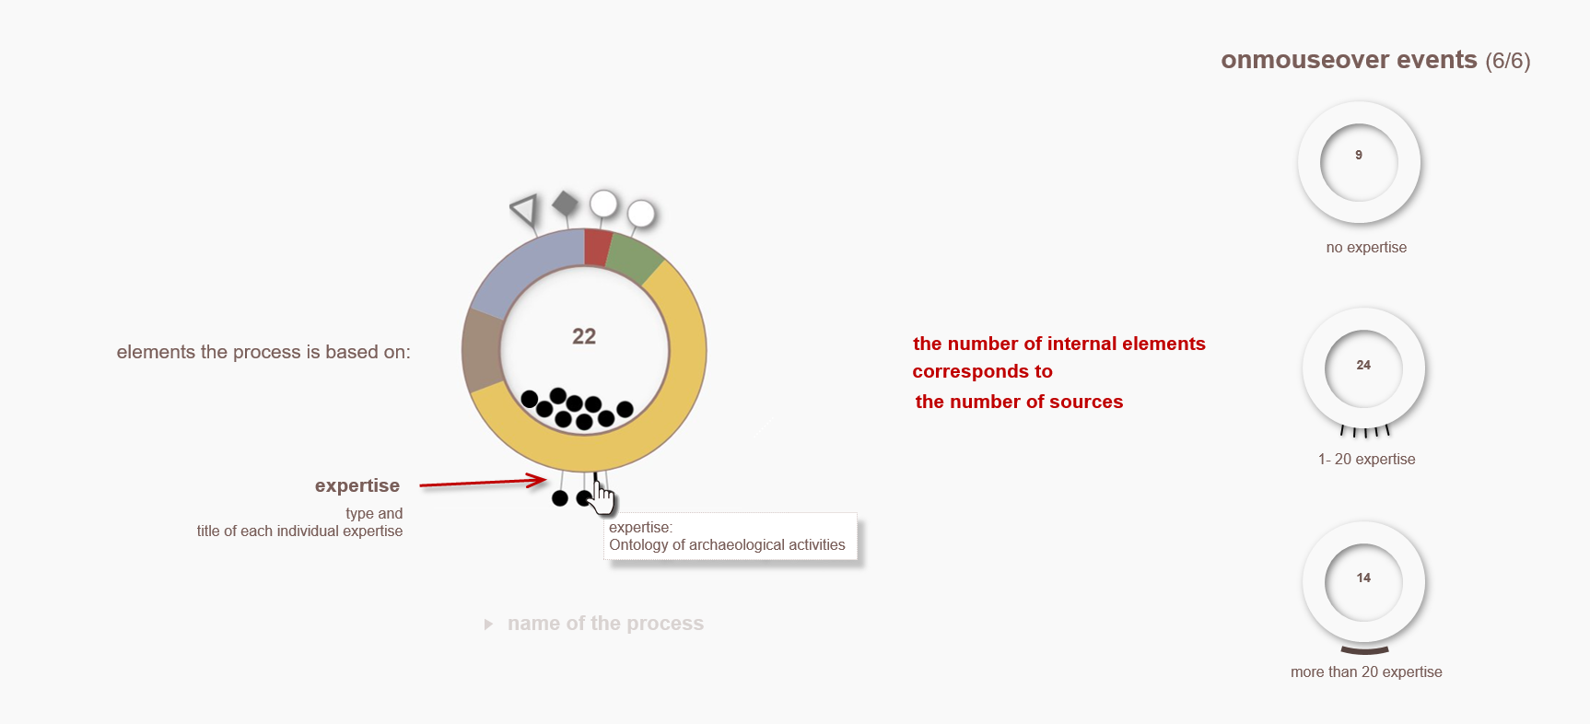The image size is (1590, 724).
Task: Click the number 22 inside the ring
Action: (x=584, y=336)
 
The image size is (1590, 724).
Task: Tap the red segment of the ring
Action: (x=597, y=247)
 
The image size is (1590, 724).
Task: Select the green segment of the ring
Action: (x=633, y=259)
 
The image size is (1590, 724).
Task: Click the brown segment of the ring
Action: (x=482, y=351)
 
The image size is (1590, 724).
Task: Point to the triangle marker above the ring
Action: (x=524, y=209)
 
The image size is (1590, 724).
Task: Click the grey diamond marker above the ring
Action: (x=565, y=204)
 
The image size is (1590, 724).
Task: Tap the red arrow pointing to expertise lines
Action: (x=483, y=482)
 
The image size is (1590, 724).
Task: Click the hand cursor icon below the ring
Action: (x=602, y=498)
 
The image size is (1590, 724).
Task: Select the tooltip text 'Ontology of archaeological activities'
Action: (x=727, y=545)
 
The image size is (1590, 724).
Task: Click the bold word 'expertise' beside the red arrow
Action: (x=357, y=485)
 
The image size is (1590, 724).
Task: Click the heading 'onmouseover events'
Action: (x=1349, y=60)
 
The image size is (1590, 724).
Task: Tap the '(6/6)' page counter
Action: (x=1508, y=61)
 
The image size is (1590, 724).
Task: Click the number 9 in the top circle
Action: (x=1359, y=155)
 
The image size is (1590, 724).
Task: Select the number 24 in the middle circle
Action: (x=1363, y=365)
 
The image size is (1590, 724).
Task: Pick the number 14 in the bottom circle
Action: (x=1363, y=578)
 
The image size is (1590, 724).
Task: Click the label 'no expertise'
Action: (x=1366, y=247)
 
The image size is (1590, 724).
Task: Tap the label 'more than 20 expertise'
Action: (x=1366, y=671)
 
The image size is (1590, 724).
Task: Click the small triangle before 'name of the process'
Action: (x=489, y=625)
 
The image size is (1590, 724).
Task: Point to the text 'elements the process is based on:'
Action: (x=263, y=352)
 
